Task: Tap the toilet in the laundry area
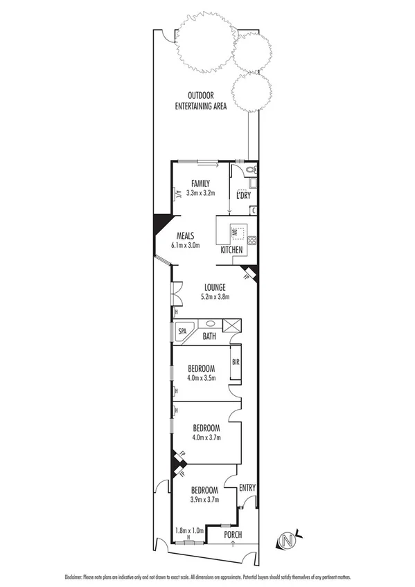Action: point(251,170)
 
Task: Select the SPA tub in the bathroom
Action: point(184,331)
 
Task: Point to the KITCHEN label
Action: point(231,249)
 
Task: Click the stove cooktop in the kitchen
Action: point(252,242)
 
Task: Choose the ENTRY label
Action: point(247,488)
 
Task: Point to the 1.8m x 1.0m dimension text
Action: point(189,530)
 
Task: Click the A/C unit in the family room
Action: point(177,195)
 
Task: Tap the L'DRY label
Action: point(243,196)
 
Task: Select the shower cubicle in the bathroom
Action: point(232,326)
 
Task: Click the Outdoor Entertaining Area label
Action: point(202,101)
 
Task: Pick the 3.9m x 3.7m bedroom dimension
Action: point(204,498)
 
